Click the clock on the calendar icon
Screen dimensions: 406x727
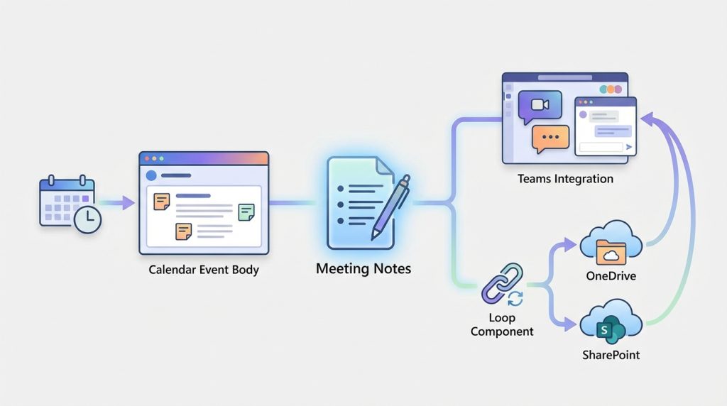coord(88,221)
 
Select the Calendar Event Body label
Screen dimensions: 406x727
coord(204,270)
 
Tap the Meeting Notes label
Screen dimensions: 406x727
coord(363,270)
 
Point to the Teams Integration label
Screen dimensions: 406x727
coord(565,179)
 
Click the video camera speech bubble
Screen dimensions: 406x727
coord(540,105)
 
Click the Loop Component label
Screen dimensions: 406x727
coord(501,324)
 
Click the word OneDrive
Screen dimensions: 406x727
coord(610,275)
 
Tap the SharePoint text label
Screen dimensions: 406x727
coord(610,354)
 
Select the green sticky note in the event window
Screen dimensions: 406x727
coord(246,211)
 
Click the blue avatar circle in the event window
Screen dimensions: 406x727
coord(151,175)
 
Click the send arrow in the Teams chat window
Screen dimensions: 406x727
coord(628,148)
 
